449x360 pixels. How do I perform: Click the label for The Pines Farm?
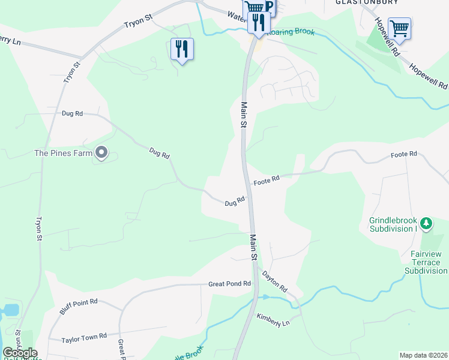63,153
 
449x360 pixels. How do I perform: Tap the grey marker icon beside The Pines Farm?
101,154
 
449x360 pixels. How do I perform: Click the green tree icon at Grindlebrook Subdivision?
426,224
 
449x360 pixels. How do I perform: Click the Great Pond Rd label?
229,284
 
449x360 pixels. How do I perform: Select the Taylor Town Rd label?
84,338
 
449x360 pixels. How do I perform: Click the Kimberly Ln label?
273,320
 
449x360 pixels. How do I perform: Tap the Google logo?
20,353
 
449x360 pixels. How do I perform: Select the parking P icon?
268,7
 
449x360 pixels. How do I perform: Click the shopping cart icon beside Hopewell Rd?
399,28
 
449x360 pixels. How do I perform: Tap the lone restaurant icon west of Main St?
182,49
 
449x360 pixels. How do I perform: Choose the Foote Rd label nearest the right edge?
403,155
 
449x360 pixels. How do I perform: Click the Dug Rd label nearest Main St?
235,202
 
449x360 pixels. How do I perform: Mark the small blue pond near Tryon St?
10,310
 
